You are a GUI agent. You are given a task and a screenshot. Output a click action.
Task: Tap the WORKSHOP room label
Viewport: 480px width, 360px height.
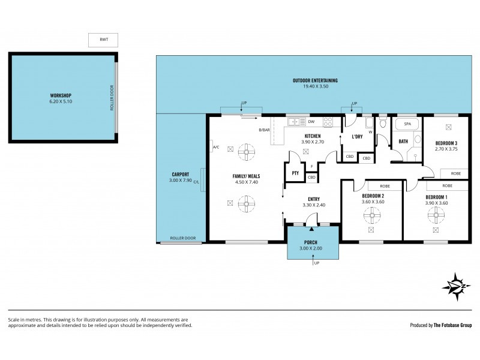tap(61, 95)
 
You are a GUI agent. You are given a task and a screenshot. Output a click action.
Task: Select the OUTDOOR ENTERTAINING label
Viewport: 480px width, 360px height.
tap(315, 80)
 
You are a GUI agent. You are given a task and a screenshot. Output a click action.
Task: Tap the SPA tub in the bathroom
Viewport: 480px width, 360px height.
tap(407, 124)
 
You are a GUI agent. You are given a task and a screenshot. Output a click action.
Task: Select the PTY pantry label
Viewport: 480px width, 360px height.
tap(295, 173)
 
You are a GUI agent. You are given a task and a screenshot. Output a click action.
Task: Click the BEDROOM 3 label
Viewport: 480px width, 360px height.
tap(446, 142)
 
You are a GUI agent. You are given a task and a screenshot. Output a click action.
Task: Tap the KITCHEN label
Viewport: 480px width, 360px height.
tap(312, 137)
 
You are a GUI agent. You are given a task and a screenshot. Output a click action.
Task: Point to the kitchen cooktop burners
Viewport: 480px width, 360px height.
tap(328, 122)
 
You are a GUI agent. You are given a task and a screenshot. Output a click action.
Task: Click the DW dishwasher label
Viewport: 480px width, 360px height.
tap(310, 121)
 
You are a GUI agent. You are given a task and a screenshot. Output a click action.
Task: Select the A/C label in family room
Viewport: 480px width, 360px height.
tap(215, 147)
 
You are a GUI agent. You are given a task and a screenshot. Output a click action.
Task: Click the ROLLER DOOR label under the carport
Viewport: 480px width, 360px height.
tap(182, 238)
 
